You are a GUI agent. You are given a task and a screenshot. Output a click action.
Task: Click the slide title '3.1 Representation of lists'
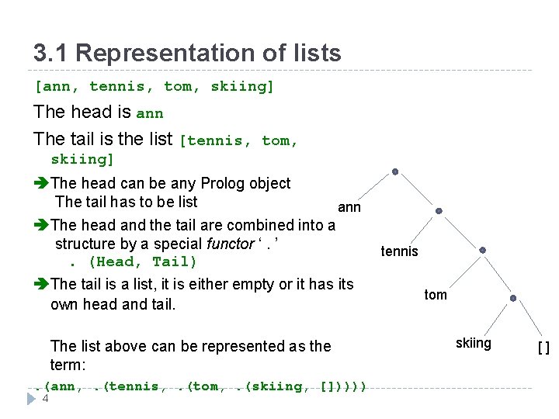coord(187,53)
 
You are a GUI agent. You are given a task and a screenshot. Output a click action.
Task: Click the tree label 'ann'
coord(349,207)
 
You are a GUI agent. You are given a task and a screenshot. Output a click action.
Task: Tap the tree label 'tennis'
coord(400,251)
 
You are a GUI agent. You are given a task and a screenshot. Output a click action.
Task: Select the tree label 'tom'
coord(436,295)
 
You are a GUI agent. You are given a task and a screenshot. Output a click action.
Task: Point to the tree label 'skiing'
coord(474,343)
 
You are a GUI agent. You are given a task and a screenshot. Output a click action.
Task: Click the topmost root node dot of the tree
coord(395,171)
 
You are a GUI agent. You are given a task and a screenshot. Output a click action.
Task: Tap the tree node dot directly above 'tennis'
coord(439,210)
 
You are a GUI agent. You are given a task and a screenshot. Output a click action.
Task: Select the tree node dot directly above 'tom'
coord(482,250)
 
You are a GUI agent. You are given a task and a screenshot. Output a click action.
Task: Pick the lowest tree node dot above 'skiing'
coord(513,298)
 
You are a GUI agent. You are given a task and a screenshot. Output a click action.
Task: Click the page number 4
coord(46,399)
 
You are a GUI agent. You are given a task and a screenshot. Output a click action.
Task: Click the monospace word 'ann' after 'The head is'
coord(150,113)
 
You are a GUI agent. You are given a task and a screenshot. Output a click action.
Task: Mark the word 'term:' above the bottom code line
coord(68,365)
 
